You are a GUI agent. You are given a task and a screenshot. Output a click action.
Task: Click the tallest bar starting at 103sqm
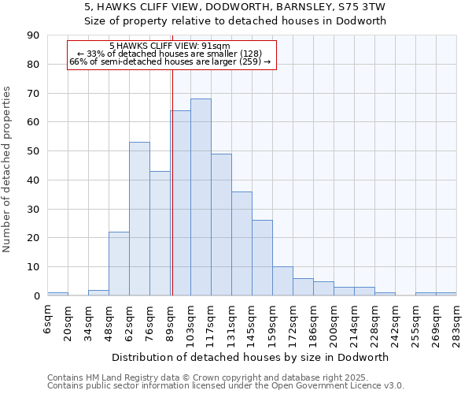click(x=201, y=197)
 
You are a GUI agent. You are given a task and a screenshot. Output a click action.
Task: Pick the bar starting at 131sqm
click(x=242, y=243)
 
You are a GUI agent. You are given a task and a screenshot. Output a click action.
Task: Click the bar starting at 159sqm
click(x=282, y=281)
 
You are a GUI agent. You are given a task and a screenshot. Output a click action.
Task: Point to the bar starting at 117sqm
click(x=221, y=225)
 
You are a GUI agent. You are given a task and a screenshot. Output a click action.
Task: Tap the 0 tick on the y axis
click(x=36, y=296)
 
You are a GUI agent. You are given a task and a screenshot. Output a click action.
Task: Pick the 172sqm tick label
click(x=293, y=318)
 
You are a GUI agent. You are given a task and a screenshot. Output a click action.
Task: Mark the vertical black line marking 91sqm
click(x=172, y=181)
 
